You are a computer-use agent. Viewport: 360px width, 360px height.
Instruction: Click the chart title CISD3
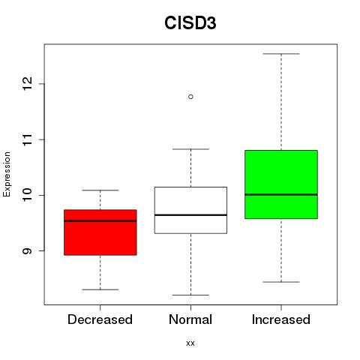[190, 23]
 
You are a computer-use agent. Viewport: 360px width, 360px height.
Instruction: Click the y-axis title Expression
[7, 174]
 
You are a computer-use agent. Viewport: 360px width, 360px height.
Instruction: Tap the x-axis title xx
[190, 343]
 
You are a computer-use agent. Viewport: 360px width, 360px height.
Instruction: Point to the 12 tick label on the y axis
[27, 84]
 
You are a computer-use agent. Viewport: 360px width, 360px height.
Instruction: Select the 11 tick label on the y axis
[27, 139]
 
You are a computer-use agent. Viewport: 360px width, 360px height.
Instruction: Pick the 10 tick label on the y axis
[27, 195]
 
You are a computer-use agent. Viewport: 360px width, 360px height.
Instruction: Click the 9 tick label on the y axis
[27, 250]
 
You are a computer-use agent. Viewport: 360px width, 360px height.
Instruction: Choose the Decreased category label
[100, 319]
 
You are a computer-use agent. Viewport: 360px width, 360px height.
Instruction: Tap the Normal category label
[190, 319]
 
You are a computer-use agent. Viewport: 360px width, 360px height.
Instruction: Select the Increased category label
[281, 319]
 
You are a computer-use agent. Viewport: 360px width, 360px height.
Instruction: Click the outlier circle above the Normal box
[190, 97]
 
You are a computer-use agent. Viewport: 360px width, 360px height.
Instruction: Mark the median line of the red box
[100, 220]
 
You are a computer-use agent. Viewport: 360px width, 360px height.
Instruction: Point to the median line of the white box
[190, 215]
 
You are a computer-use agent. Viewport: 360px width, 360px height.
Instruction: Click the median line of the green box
[281, 194]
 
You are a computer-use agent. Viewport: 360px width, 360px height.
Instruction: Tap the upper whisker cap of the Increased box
[281, 54]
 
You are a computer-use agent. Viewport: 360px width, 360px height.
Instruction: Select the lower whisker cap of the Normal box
[190, 295]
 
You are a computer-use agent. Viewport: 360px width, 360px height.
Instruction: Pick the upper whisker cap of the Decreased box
[100, 190]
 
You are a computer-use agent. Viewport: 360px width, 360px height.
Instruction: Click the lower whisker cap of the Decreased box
[100, 289]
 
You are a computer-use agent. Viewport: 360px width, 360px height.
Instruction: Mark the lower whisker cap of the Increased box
[281, 282]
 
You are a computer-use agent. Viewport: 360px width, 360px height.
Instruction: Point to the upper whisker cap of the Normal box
[190, 149]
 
